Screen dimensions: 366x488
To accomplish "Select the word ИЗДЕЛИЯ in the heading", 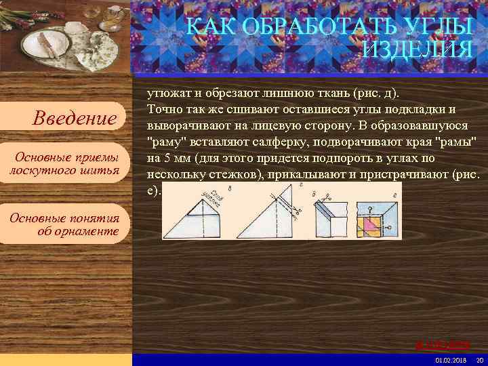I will [x=418, y=49].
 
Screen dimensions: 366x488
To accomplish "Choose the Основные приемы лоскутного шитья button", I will [x=65, y=163].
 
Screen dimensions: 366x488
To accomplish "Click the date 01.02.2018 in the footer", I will [x=451, y=359].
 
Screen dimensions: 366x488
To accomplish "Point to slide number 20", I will [x=480, y=359].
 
